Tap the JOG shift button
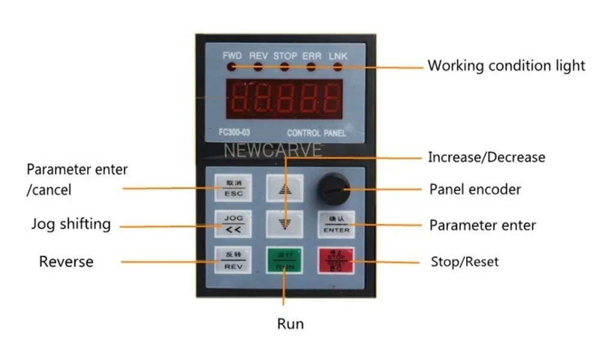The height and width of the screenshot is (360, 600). point(230,223)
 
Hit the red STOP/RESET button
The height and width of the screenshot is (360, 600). point(336,261)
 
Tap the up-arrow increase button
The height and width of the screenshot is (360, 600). point(284,187)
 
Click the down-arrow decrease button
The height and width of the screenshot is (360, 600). point(284,223)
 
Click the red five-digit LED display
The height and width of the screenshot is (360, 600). point(284,99)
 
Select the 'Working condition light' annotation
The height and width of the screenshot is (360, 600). point(506,65)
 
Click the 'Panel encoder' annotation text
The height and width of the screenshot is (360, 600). point(475,190)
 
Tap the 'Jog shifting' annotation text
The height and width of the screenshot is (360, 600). point(71,224)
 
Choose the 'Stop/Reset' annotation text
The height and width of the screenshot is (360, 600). point(464,262)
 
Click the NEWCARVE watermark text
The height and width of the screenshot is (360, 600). point(272,150)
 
